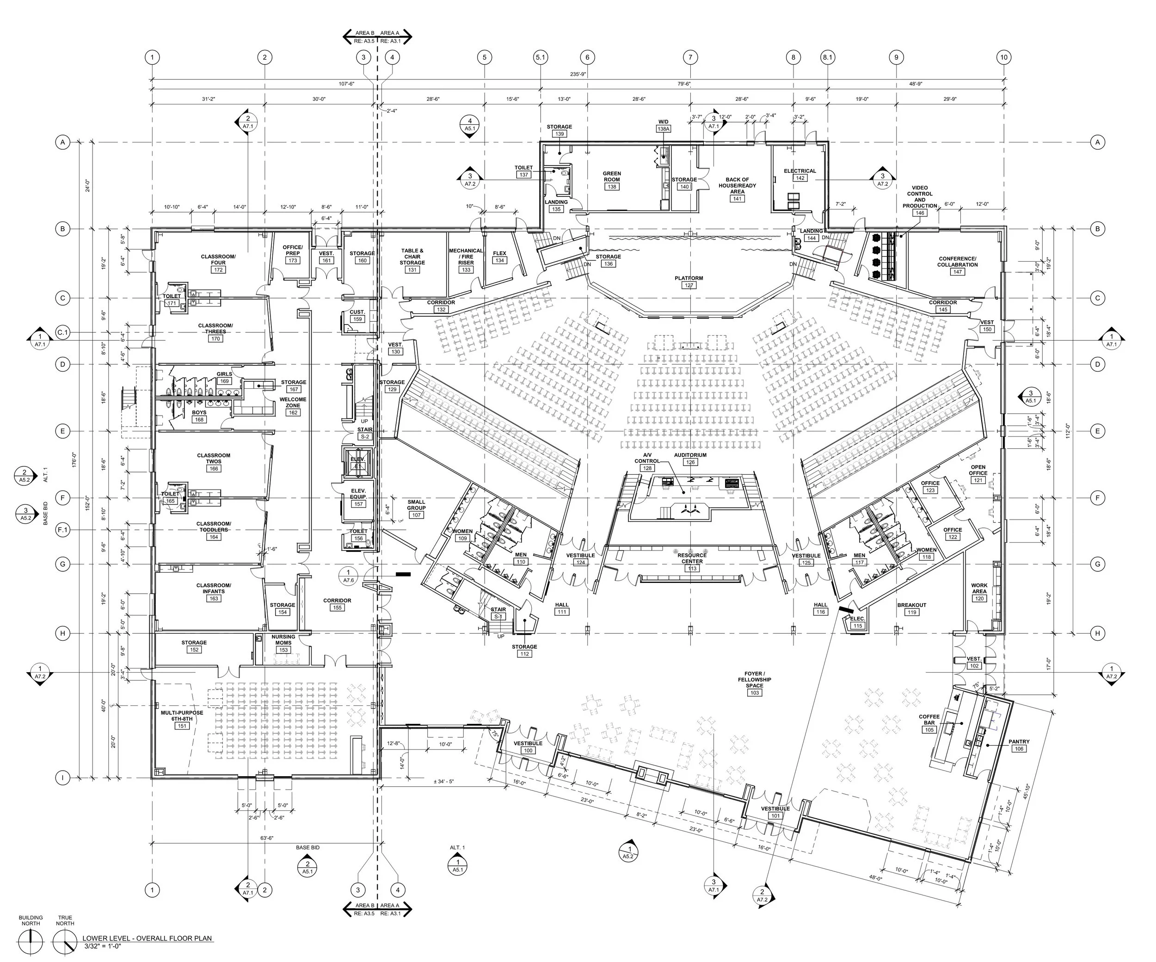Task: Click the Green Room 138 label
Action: [612, 180]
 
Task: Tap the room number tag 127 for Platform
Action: [689, 286]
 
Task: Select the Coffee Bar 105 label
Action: [929, 723]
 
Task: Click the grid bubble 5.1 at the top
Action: [541, 57]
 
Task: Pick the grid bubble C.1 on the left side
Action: [63, 332]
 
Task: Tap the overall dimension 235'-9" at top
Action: [578, 74]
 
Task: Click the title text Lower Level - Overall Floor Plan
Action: [147, 938]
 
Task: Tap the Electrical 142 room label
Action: [800, 174]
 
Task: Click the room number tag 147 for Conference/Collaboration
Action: [958, 272]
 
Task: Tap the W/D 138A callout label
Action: [664, 125]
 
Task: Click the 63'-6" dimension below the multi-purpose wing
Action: [267, 838]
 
